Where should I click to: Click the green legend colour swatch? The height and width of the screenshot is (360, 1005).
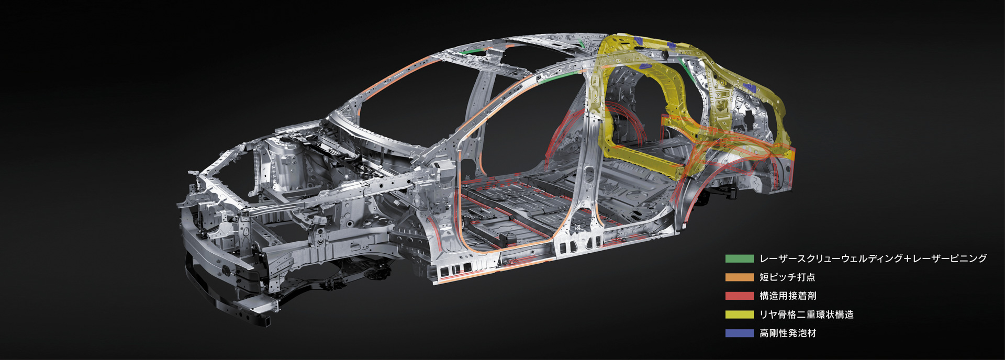[x=739, y=258]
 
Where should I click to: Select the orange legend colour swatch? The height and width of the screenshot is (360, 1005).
[x=739, y=277]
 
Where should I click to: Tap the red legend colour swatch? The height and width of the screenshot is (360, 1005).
[x=739, y=296]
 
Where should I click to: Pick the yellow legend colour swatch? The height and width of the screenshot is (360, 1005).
[x=739, y=314]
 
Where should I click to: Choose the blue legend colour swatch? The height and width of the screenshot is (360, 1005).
[x=739, y=333]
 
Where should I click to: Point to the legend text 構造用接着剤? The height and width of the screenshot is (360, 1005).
[x=788, y=296]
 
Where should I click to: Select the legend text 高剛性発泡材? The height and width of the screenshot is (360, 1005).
[x=788, y=333]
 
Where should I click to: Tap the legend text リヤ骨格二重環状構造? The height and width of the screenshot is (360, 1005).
[x=807, y=314]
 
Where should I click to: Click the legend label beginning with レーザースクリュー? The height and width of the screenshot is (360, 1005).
[x=873, y=258]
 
